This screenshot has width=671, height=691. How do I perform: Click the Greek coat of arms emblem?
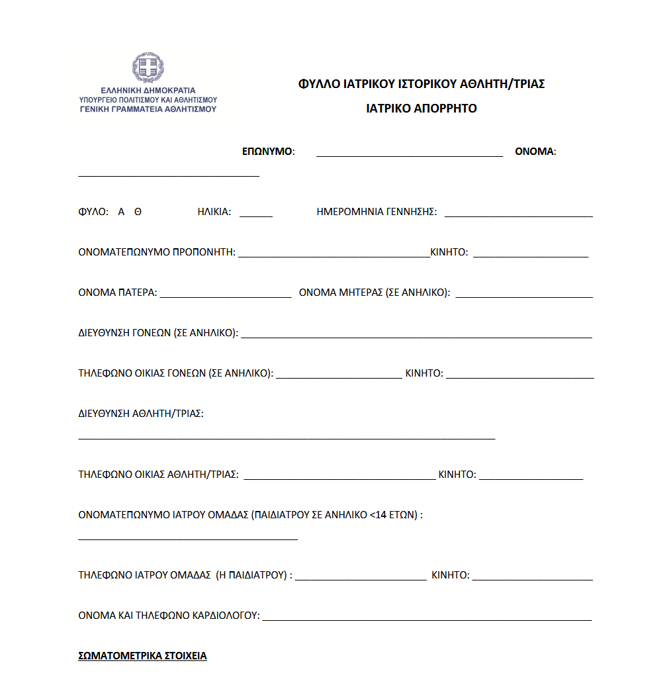pos(148,69)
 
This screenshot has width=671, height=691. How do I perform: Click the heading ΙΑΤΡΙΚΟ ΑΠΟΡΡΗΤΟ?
pos(422,109)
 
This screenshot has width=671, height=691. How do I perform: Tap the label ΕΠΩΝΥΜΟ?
pos(268,152)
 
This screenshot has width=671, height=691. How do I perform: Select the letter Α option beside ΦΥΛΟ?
pos(121,212)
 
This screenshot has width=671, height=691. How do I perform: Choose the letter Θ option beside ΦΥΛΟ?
pos(138,212)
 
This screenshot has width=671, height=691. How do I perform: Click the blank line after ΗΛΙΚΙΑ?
pos(255,216)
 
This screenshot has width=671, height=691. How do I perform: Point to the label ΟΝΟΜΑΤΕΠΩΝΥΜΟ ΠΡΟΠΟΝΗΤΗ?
pos(157,252)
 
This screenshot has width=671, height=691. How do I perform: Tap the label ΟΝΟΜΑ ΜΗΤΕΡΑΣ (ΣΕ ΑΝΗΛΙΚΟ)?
pos(375,293)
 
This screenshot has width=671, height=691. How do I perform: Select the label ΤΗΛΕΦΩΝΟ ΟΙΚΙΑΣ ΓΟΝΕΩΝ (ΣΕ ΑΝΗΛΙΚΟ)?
pos(176,373)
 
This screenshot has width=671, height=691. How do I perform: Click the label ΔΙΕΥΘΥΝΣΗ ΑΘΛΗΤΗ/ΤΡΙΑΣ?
pos(141,414)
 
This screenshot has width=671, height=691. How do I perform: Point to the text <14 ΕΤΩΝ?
pos(393,514)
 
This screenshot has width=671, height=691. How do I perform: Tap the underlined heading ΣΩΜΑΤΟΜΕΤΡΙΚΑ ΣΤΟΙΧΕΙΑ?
pos(142,656)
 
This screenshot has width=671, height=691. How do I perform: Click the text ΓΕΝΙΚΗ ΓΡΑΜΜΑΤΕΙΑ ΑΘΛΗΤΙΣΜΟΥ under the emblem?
pos(148,109)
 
